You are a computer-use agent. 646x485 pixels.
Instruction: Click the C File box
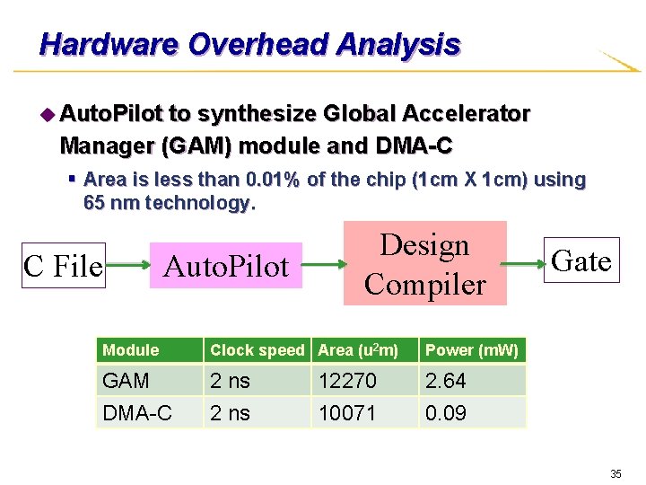pos(63,267)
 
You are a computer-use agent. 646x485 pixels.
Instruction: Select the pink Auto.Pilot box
pos(226,266)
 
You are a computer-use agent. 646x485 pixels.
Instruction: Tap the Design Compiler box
pos(425,264)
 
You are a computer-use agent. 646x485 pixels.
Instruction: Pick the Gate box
pos(582,260)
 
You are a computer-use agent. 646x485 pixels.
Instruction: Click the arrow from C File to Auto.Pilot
pos(127,267)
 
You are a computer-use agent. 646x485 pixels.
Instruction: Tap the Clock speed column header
pos(258,350)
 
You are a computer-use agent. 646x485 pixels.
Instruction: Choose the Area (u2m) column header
pos(358,350)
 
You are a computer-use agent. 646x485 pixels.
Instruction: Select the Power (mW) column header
pos(472,350)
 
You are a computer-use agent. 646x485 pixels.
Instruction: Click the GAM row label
pos(127,381)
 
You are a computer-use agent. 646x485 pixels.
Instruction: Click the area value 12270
pos(347,381)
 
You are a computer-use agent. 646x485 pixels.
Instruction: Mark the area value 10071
pos(347,412)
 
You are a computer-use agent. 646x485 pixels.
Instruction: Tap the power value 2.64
pos(446,381)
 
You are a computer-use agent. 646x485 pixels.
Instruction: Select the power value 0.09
pos(446,412)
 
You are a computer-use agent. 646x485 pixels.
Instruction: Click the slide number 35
pos(615,473)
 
